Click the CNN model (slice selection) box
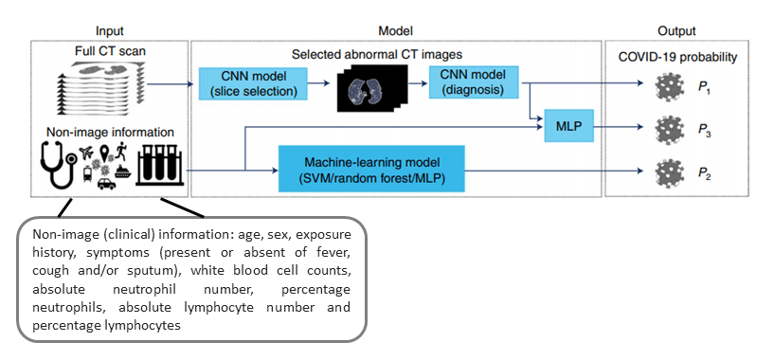(253, 84)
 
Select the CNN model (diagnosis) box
(474, 82)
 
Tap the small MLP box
(568, 126)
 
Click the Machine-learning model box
(371, 169)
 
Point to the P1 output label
(704, 88)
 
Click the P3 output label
(704, 131)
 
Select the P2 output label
(704, 173)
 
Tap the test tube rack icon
(159, 166)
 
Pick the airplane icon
(86, 153)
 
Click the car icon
(106, 184)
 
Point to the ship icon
(122, 171)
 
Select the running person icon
(121, 151)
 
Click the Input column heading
(110, 31)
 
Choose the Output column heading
(676, 31)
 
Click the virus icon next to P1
(669, 88)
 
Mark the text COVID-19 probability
(677, 57)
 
